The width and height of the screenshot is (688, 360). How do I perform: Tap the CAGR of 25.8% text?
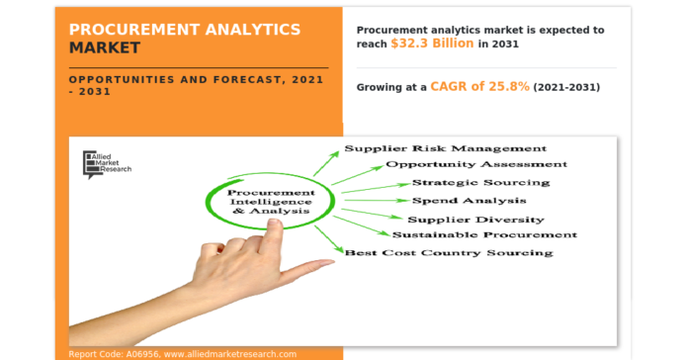(480, 87)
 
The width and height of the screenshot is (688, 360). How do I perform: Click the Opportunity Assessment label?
(476, 164)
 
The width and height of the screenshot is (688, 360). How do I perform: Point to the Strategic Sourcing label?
(480, 183)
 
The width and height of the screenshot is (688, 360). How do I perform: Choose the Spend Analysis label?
(469, 201)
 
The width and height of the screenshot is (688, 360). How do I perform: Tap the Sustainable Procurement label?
(484, 234)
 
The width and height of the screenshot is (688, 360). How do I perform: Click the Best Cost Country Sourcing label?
(448, 253)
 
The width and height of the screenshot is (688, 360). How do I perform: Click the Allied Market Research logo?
(107, 163)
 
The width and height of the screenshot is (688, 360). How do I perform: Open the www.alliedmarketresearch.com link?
(230, 353)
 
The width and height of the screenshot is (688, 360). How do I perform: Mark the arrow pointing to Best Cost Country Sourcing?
(329, 238)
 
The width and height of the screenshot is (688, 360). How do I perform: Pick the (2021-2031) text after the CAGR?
(566, 88)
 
